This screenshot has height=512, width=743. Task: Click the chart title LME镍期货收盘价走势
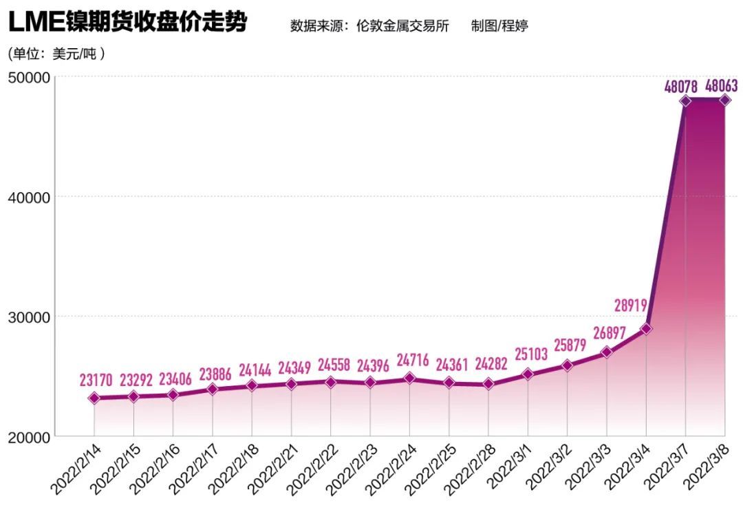[x=127, y=23]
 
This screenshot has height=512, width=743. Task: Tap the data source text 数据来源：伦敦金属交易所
[x=369, y=26]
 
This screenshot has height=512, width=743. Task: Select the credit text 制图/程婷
[x=499, y=26]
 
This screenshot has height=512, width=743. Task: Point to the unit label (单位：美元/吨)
[x=56, y=53]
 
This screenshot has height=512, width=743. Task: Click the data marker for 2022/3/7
[x=685, y=100]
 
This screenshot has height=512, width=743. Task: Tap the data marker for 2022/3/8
[x=724, y=100]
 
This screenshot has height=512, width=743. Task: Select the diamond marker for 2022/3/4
[x=645, y=329]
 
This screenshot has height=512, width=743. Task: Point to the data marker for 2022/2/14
[x=94, y=398]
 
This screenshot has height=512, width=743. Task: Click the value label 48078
[x=681, y=87]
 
